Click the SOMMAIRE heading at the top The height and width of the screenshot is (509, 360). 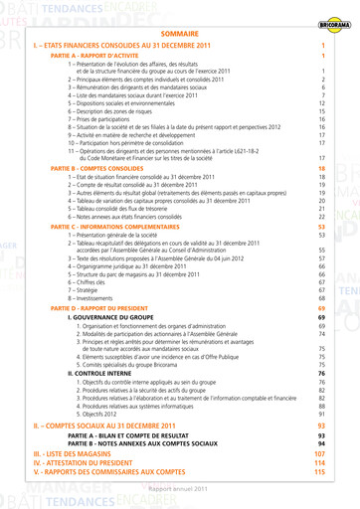(x=179, y=33)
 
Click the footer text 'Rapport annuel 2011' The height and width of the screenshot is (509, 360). (x=179, y=489)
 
